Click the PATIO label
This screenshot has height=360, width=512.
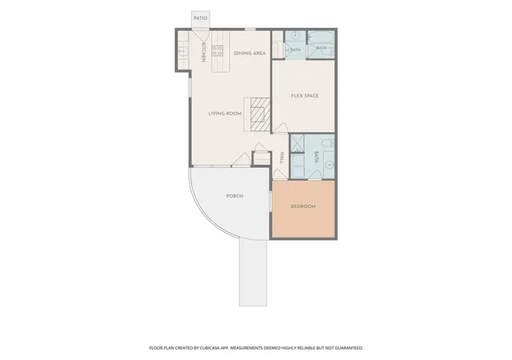coord(201,18)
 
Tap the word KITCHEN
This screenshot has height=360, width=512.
coord(203,52)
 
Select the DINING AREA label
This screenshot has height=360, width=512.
coord(250,53)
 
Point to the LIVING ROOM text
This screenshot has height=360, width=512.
coord(225,114)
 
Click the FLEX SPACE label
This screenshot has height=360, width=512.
coord(305,96)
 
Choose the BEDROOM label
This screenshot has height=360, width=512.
coord(303,206)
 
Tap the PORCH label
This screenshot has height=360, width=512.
coord(234,196)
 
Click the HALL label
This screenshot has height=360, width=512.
coord(282,158)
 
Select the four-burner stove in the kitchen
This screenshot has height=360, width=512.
coord(218,50)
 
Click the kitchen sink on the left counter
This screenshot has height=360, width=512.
coord(183,52)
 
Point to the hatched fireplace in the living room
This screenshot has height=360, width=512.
coord(261,114)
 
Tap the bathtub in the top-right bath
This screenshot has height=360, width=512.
coord(320,38)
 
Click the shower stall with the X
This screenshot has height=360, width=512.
coord(297,144)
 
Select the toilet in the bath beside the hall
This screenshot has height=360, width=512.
coord(328,143)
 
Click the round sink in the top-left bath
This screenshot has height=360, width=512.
coord(295,35)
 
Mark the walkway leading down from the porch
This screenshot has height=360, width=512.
coord(253,272)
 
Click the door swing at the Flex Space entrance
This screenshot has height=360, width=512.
coord(280,128)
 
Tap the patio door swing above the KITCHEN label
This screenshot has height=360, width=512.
coord(200,35)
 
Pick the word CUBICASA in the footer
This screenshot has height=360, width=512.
coord(209,348)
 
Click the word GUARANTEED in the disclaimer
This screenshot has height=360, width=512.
coord(350,348)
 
